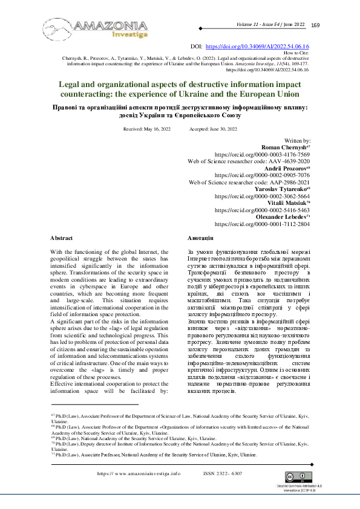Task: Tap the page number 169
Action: pos(315,25)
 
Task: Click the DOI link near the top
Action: pos(258,46)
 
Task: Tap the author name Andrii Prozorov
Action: pos(286,168)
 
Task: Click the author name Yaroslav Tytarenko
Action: pos(283,189)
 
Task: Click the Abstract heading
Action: pos(61,239)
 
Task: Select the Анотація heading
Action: pos(200,239)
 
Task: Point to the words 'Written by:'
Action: pos(296,140)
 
